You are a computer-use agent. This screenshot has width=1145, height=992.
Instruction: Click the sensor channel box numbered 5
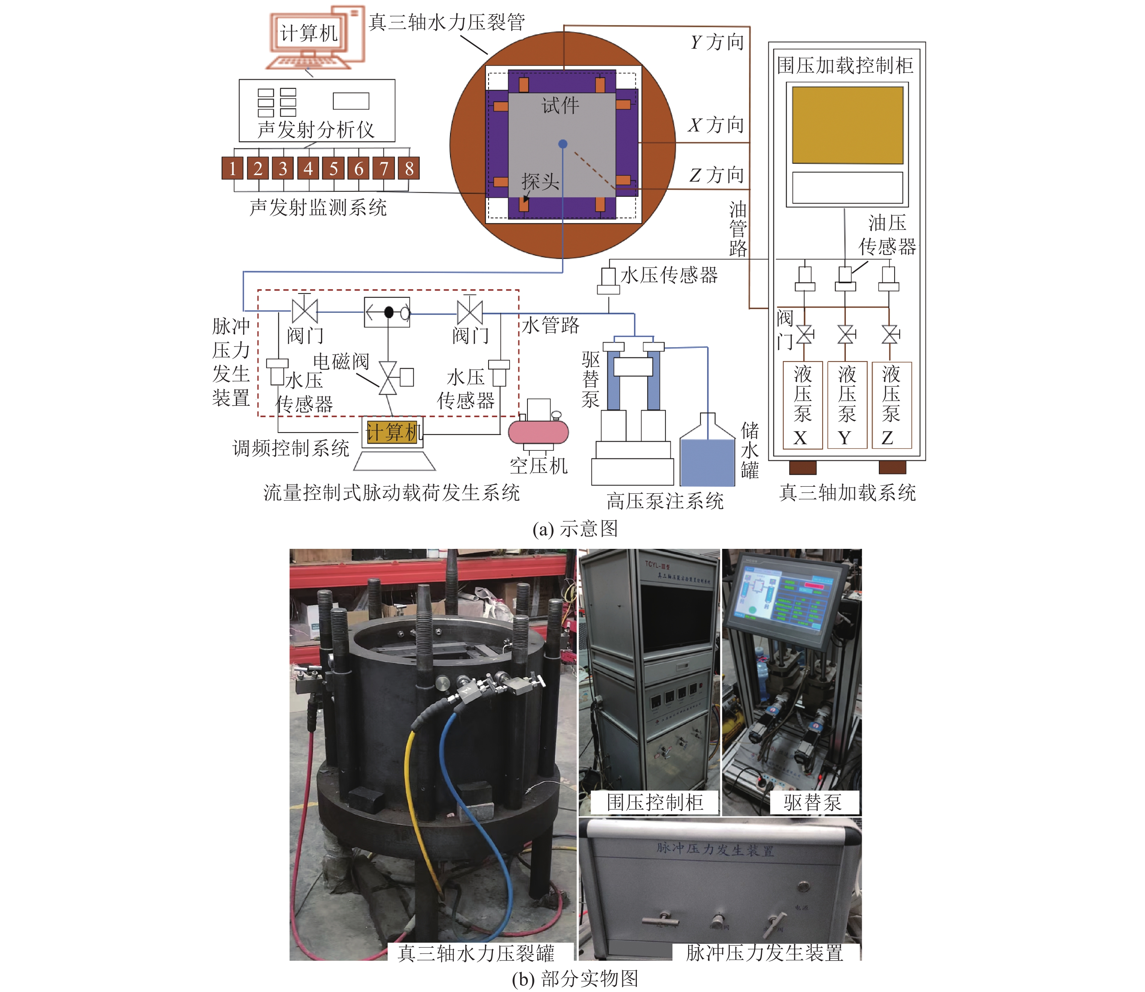tap(333, 168)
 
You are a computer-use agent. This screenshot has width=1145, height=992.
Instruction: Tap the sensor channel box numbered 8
tap(409, 168)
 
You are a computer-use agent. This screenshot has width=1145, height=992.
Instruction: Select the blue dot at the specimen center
tap(563, 144)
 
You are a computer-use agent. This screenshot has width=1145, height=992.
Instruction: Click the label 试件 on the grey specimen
tap(560, 105)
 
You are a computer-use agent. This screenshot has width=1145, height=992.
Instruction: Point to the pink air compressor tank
tap(538, 432)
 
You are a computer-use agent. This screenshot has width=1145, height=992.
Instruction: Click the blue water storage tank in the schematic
tap(707, 462)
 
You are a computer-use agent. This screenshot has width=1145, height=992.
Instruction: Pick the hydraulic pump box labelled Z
tap(891, 405)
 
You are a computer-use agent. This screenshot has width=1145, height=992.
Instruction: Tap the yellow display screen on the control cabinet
tap(848, 125)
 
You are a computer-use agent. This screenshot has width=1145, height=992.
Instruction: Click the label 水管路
tap(550, 325)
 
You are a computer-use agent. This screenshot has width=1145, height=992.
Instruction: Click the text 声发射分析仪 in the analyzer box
tap(316, 130)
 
